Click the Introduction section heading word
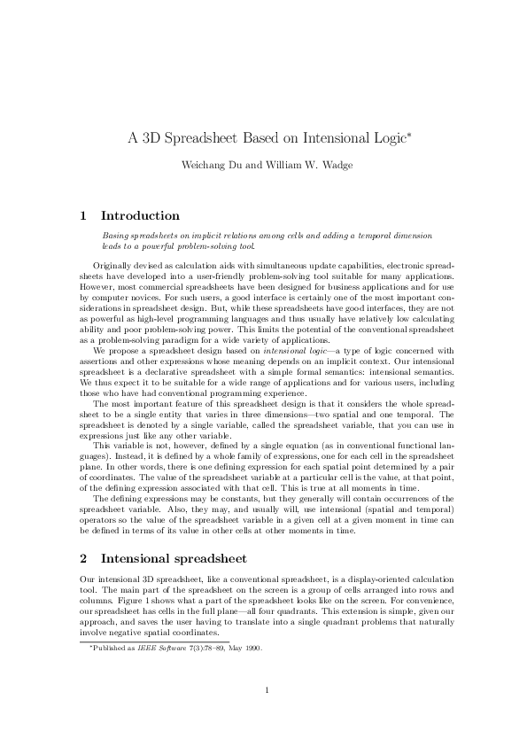click(140, 215)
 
